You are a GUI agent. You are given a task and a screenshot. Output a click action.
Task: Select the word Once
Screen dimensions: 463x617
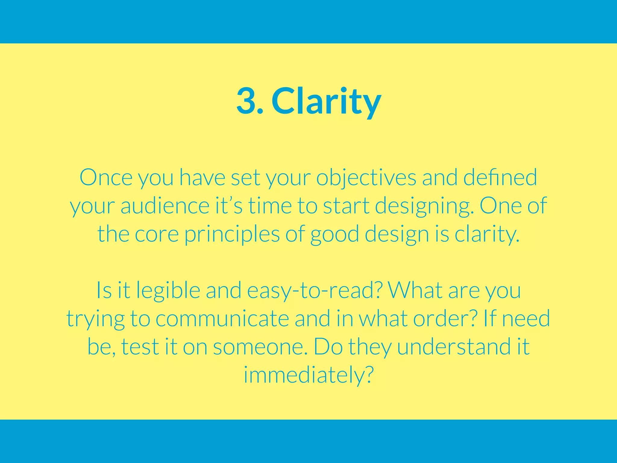(106, 178)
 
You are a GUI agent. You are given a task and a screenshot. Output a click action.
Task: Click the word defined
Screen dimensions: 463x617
(500, 178)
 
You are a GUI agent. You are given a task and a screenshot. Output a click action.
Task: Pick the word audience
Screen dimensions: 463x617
(165, 206)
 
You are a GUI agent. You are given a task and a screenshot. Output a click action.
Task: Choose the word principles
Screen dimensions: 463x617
(232, 235)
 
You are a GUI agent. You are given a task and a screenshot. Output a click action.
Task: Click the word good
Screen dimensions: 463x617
(334, 235)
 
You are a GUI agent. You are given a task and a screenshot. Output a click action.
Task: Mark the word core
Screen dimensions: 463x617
(157, 235)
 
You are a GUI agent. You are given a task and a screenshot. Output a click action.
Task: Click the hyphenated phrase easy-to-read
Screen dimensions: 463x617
(315, 291)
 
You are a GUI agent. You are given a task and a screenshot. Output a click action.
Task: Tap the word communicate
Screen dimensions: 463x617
(222, 319)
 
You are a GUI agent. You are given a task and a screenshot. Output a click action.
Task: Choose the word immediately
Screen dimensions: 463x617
(308, 375)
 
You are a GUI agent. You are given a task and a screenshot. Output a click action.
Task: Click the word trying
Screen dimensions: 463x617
(96, 319)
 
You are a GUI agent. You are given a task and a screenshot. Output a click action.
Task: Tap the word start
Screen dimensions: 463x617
(346, 206)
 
